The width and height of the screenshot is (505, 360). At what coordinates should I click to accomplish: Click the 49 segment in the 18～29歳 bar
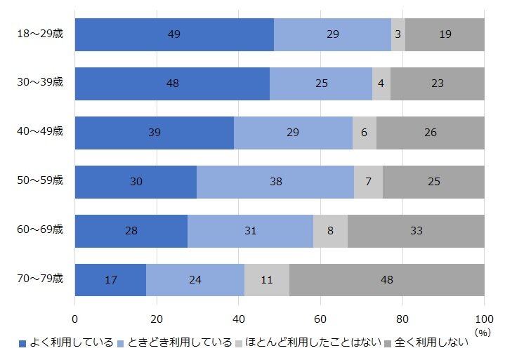tap(174, 34)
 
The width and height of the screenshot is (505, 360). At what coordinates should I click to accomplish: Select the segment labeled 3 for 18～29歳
tap(398, 34)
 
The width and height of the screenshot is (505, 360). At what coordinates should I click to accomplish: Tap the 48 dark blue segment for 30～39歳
tap(172, 84)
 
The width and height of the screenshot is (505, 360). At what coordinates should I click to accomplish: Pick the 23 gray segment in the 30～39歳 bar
tap(438, 84)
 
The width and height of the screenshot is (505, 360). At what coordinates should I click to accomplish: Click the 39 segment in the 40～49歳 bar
tap(155, 133)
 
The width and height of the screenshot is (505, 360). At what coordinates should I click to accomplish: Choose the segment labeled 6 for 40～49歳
tap(365, 133)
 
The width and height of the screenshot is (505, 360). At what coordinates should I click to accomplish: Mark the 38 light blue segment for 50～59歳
tap(275, 182)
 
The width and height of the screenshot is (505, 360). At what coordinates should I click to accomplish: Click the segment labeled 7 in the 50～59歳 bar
tap(368, 182)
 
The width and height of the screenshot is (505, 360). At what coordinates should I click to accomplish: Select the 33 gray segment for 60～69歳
tap(416, 231)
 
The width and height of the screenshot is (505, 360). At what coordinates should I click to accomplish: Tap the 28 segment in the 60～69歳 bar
tap(131, 231)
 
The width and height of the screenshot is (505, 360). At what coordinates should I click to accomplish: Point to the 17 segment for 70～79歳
tap(110, 280)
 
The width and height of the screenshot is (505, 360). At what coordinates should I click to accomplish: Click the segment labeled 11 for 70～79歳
tap(267, 280)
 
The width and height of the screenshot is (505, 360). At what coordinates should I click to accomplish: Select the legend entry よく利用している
tap(70, 343)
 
